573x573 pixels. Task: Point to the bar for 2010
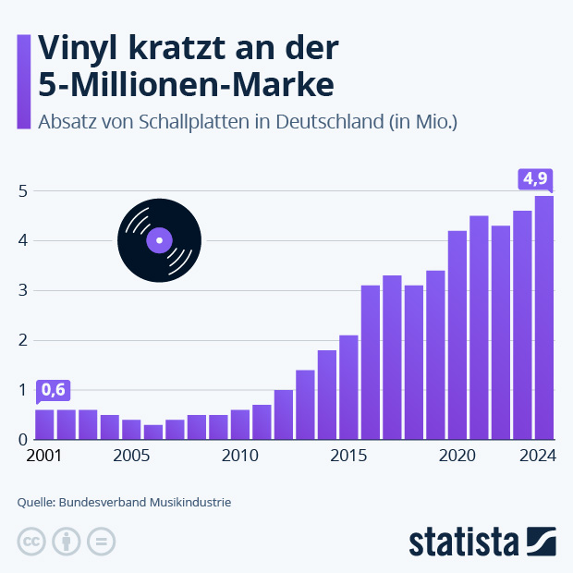[240, 424]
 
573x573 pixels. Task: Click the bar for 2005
[131, 429]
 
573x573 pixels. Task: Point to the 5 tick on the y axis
[22, 191]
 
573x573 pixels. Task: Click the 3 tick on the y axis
[22, 290]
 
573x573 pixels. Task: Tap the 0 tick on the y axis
[22, 440]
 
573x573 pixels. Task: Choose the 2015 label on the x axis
[348, 456]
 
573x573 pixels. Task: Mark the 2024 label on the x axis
[537, 456]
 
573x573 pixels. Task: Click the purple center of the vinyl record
[159, 241]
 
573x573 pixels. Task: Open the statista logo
[482, 542]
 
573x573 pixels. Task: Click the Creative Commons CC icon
[31, 543]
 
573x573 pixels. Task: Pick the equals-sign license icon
[102, 543]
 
